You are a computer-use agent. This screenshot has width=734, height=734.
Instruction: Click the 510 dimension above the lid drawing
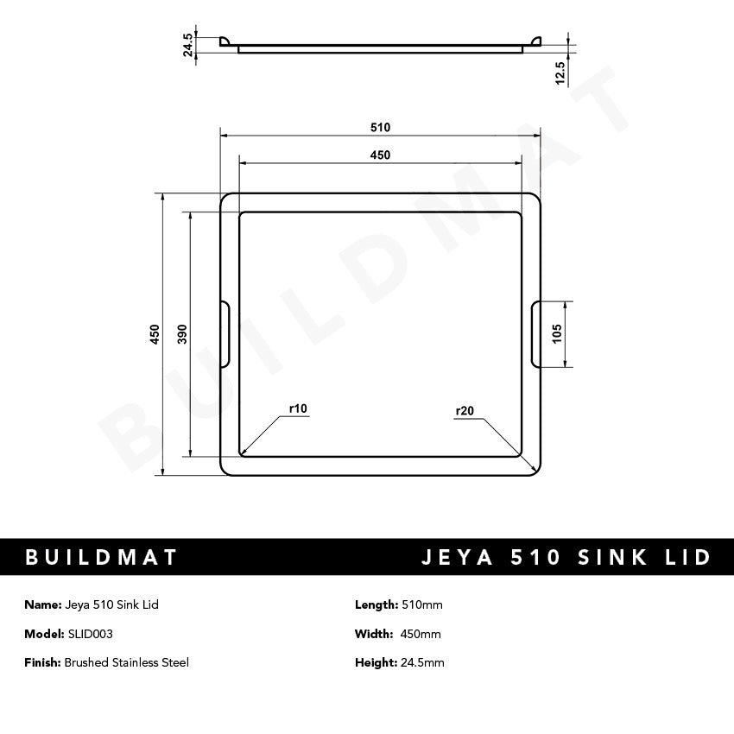click(380, 127)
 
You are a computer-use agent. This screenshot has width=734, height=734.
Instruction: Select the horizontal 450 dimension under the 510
click(380, 155)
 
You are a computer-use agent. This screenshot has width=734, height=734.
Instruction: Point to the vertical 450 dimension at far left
click(155, 334)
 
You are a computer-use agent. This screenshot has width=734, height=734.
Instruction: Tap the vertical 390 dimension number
click(182, 334)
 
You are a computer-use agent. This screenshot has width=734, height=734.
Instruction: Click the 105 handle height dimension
click(557, 334)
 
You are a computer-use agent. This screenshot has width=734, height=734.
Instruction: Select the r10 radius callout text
click(298, 408)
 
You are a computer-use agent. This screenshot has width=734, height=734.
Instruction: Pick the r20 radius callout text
click(465, 411)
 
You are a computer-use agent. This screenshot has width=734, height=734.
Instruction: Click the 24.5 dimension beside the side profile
click(188, 46)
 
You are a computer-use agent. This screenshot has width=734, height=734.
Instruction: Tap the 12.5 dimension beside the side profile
click(560, 73)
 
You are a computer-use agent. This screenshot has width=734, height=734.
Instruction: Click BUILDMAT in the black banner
click(102, 557)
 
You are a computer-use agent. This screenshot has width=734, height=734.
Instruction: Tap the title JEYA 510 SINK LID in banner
click(566, 557)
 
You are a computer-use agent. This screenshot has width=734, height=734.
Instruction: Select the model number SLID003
click(90, 634)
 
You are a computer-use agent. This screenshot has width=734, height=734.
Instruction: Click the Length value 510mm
click(422, 604)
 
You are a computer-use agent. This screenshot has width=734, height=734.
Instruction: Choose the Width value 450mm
click(421, 634)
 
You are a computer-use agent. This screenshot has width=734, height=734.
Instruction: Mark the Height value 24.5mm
click(423, 662)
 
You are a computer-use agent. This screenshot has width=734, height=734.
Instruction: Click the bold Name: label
click(43, 604)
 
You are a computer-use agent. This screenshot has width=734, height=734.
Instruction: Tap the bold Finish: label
click(43, 662)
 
